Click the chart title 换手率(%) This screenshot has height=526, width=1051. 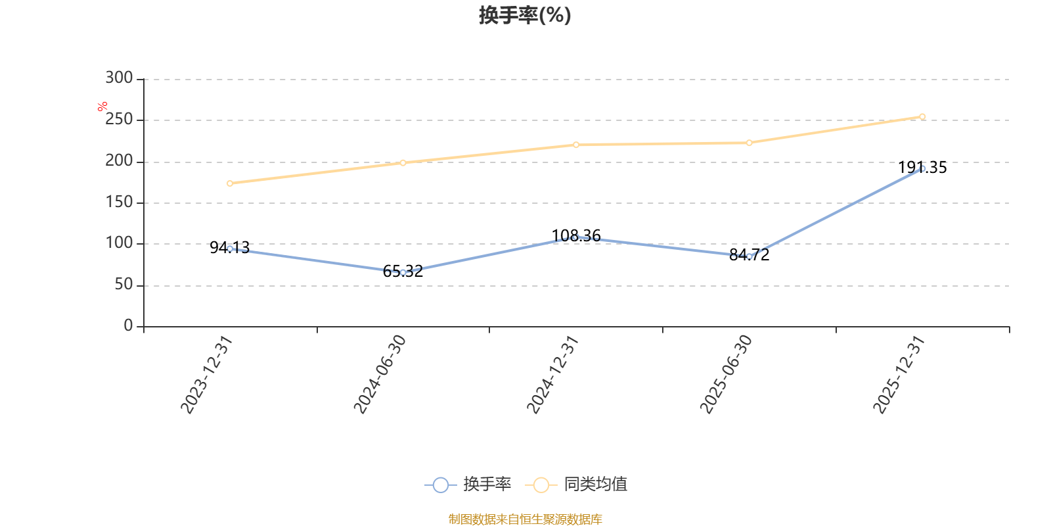pos(525,15)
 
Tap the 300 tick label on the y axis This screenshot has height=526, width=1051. pos(119,78)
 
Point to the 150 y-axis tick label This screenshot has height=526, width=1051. pos(119,202)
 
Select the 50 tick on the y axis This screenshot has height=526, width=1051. pos(124,285)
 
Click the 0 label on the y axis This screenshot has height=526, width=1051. pos(128,325)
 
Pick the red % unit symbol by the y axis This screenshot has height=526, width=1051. pos(102,107)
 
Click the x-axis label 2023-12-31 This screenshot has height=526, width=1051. pos(207,375)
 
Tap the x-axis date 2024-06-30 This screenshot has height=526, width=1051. pos(380,375)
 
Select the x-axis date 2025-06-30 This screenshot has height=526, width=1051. pos(726,375)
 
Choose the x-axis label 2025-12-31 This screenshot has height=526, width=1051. pos(899,375)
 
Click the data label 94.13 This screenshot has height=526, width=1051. pos(229,247)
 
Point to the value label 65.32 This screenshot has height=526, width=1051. pos(403,271)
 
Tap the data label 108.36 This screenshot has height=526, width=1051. pos(575,236)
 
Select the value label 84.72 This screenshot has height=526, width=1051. pos(749,255)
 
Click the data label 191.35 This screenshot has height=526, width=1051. pos(922,168)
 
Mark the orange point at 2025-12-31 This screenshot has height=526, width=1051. pos(922,117)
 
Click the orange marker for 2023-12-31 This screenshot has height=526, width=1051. pos(229,183)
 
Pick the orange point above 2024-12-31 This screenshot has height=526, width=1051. pos(575,145)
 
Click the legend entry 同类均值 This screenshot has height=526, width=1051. pos(576,484)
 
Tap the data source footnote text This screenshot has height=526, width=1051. pos(525,519)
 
